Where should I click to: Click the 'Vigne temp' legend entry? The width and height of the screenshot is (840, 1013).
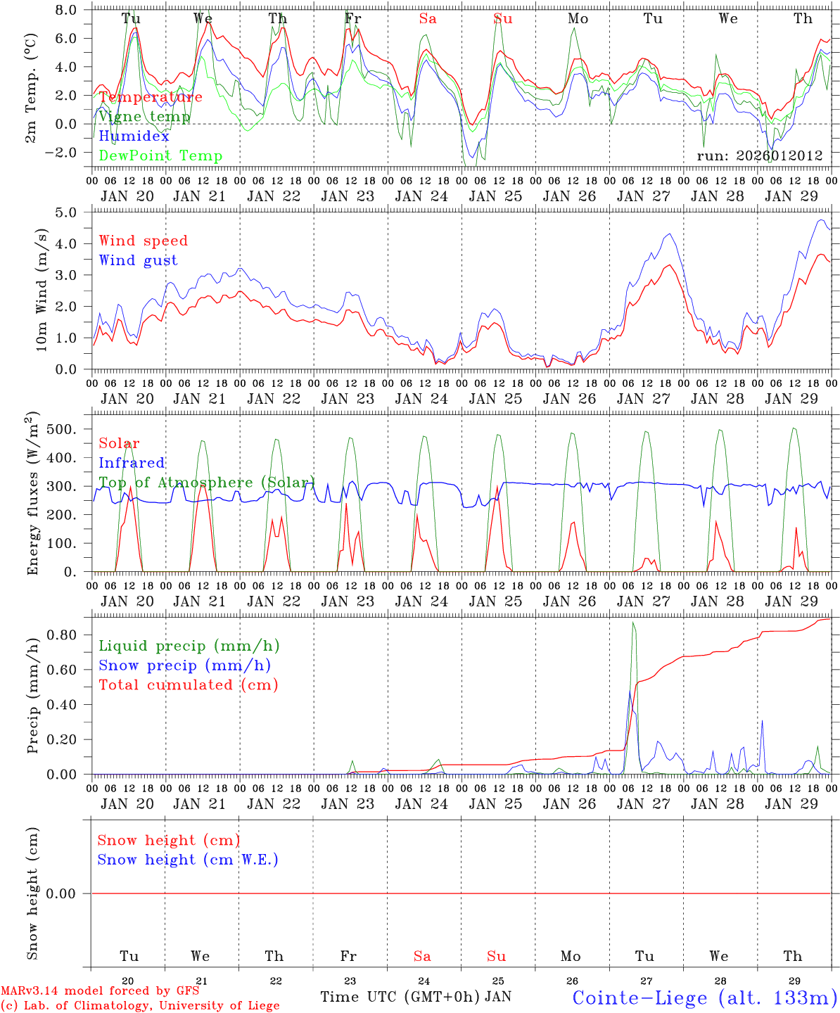[x=144, y=117]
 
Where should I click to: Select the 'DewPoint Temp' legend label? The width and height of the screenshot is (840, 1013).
[x=160, y=156]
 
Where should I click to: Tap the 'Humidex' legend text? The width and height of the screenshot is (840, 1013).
[x=134, y=136]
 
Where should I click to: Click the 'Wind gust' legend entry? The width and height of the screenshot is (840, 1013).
[x=138, y=260]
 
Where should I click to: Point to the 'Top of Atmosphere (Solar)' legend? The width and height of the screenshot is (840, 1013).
[x=206, y=483]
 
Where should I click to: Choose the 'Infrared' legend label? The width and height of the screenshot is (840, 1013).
[x=132, y=463]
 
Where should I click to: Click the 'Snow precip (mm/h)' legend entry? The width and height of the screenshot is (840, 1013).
[x=184, y=665]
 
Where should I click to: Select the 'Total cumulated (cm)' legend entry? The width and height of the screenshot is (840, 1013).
[x=188, y=685]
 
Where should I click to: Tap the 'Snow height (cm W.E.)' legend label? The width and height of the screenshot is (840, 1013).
[x=188, y=860]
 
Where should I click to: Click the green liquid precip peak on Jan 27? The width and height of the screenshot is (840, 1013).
[x=633, y=623]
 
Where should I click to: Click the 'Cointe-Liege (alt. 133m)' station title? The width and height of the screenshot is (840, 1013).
[x=704, y=998]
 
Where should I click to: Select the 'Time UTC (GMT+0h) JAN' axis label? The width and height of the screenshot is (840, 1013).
[x=415, y=997]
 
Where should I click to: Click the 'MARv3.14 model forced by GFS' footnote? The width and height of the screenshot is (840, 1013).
[x=101, y=991]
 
